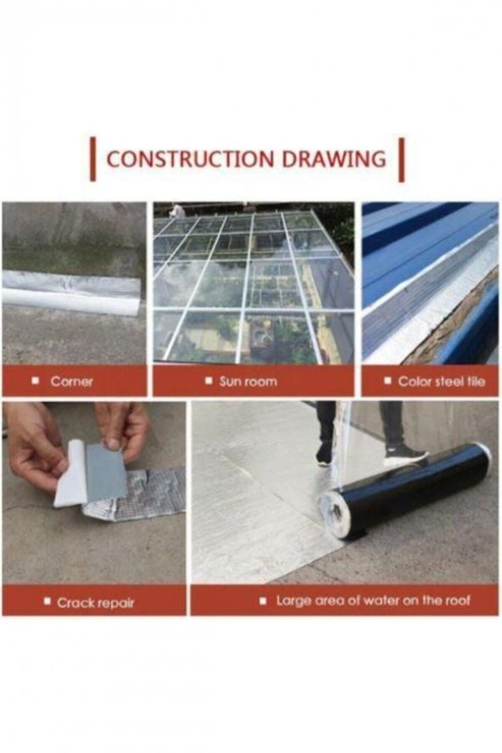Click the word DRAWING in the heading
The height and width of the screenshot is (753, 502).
[x=334, y=159]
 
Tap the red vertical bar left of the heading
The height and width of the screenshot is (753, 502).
[x=93, y=159]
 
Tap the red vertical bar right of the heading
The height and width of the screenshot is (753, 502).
[x=402, y=159]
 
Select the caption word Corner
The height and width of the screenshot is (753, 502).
[x=71, y=382]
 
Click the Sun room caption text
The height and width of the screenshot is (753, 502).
[x=248, y=382]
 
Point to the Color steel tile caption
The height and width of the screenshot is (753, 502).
[x=442, y=382]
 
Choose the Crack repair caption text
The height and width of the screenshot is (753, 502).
[x=96, y=603]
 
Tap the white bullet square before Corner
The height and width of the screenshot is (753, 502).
[x=35, y=382]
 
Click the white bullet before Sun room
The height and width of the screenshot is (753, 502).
[x=209, y=382]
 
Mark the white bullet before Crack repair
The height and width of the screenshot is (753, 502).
[x=47, y=601]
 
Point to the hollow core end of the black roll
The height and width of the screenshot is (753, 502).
[x=335, y=513]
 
